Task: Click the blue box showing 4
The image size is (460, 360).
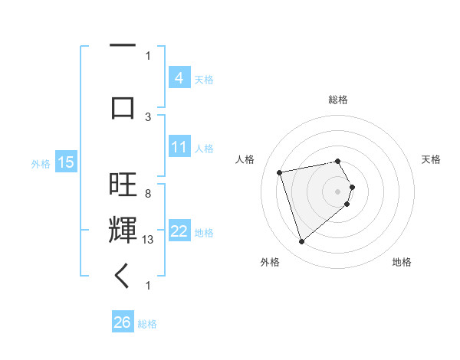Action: [x=179, y=77]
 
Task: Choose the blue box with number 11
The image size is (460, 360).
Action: [x=179, y=146]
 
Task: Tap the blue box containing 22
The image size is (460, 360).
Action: [x=179, y=231]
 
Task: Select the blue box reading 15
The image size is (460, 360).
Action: [x=65, y=162]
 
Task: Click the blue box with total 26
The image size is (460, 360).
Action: [x=122, y=322]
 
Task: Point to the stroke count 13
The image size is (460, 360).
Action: [x=149, y=239]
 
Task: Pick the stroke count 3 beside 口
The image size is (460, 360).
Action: [x=148, y=116]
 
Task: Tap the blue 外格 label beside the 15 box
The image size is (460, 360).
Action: [x=40, y=163]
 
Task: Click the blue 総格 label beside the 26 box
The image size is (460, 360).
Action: [x=147, y=323]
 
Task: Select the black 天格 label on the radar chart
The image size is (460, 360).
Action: [x=431, y=159]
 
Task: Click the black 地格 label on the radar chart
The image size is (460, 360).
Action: [x=402, y=263]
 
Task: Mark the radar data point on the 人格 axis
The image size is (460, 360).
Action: [x=280, y=172]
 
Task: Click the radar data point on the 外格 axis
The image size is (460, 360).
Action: [x=302, y=242]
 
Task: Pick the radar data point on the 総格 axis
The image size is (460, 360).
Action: [x=337, y=162]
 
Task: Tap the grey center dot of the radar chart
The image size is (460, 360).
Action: [x=338, y=191]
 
